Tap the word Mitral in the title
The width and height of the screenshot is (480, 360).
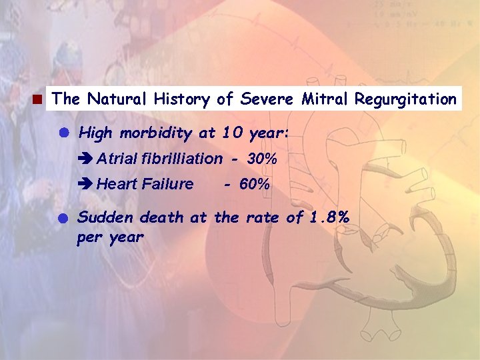pyautogui.click(x=325, y=99)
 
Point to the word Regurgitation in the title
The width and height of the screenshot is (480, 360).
pyautogui.click(x=405, y=100)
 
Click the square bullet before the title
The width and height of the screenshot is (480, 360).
pyautogui.click(x=39, y=101)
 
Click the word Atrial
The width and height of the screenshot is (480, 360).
pyautogui.click(x=117, y=159)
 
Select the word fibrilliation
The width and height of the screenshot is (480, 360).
pyautogui.click(x=181, y=159)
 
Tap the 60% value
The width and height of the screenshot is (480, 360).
pyautogui.click(x=255, y=184)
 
